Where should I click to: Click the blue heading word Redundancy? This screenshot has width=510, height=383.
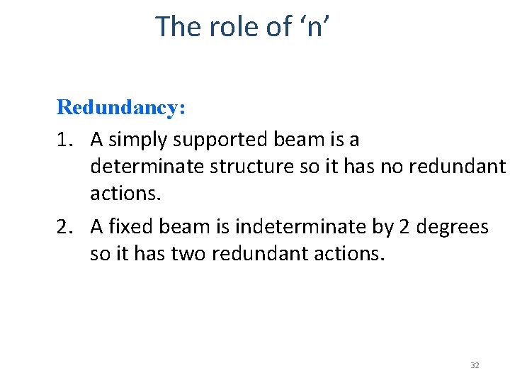point(120,108)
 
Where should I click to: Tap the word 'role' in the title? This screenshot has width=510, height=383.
point(230,27)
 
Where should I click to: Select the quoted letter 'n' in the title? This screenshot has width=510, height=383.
point(318,27)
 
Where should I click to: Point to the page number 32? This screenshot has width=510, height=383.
point(475,365)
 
